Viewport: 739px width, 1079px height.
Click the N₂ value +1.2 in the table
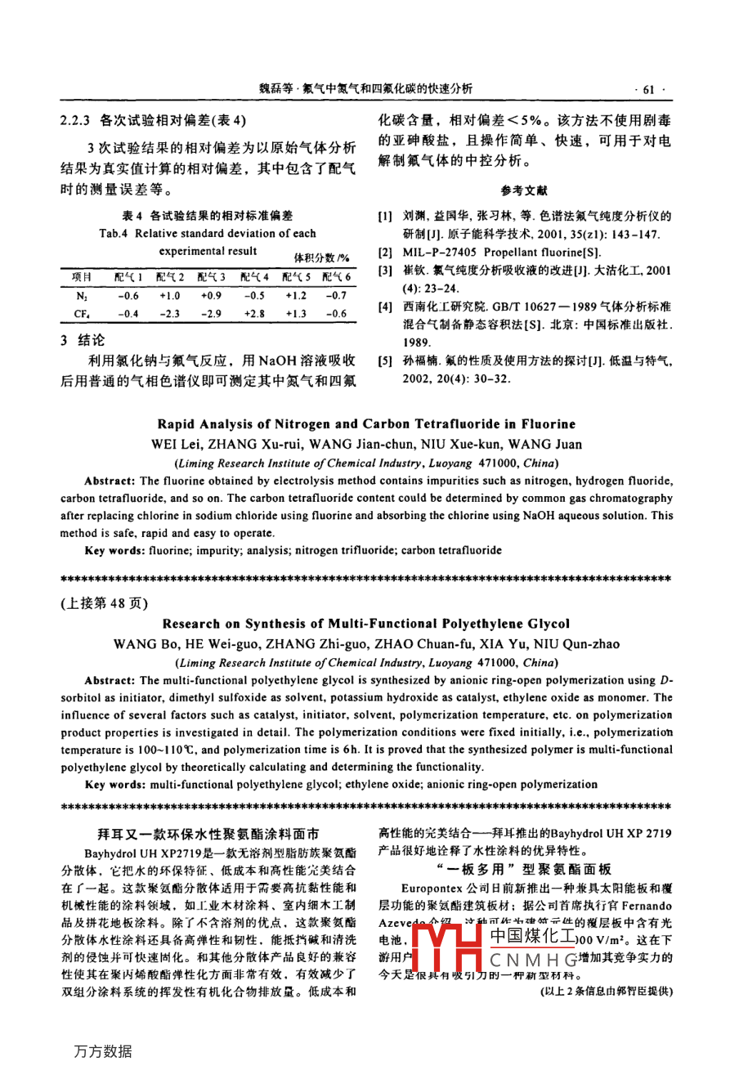tap(296, 296)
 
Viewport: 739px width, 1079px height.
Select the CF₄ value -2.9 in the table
tap(211, 314)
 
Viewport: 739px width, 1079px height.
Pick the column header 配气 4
tap(255, 278)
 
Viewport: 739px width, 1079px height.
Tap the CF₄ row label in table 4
tap(82, 314)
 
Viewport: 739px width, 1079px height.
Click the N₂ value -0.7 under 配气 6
tap(336, 296)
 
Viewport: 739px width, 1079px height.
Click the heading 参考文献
tap(524, 190)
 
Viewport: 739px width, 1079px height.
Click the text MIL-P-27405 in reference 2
tap(441, 253)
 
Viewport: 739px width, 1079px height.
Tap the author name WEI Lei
tap(178, 445)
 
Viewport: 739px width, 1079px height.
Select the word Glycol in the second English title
tap(549, 624)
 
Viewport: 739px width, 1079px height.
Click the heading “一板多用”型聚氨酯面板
tap(524, 869)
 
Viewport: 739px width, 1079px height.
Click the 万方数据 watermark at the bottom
tap(102, 1051)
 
